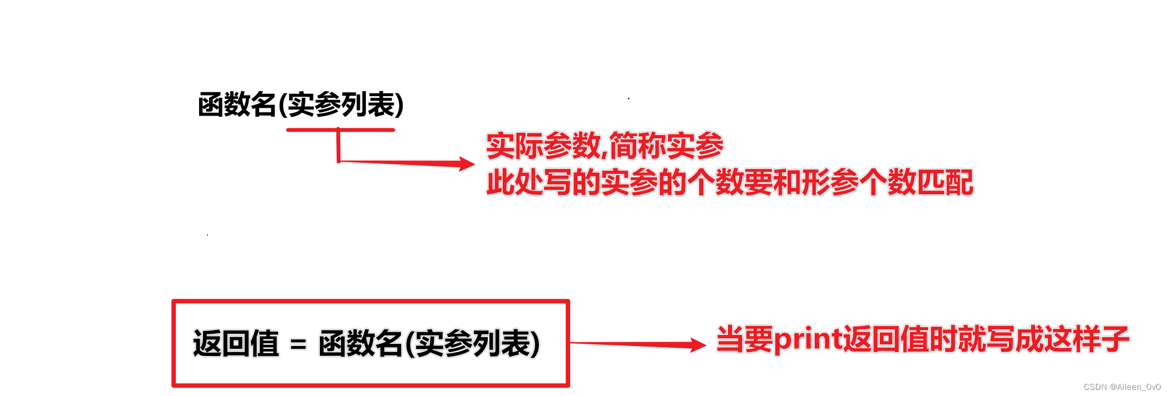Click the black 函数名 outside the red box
click(x=237, y=104)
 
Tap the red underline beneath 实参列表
click(x=340, y=130)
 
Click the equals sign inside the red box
click(x=298, y=344)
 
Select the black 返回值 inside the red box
click(x=236, y=343)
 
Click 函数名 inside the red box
click(x=360, y=343)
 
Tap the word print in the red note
click(x=808, y=339)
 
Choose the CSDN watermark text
click(x=1095, y=387)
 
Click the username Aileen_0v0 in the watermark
click(x=1138, y=387)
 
